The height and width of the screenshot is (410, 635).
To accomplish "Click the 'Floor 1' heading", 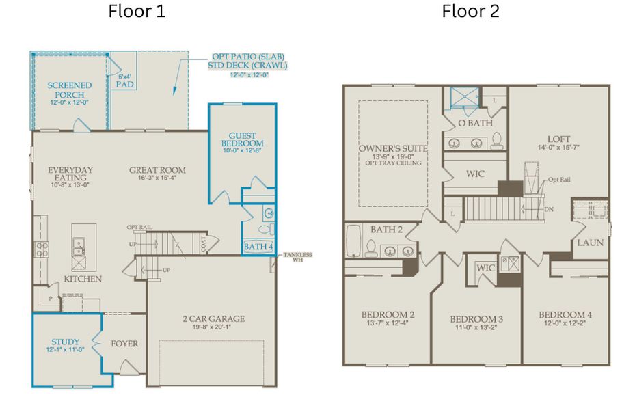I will coord(137,12).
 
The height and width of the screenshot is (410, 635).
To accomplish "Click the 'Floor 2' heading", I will coord(470,12).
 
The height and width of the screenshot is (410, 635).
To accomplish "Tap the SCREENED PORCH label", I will coord(69,90).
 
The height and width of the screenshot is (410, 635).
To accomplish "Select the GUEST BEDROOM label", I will coord(242,139).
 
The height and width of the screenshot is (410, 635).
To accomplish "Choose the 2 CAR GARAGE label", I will coord(213,318).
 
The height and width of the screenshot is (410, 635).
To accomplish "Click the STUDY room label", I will coord(65,342).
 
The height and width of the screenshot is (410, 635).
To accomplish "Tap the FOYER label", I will coord(124,343).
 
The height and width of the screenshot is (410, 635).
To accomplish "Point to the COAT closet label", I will coord(204,244).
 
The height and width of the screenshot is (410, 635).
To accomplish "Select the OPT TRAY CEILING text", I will coord(393,163).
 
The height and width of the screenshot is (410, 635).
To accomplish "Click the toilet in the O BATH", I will coord(497,140).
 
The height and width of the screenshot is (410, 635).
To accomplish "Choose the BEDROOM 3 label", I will coord(476,319).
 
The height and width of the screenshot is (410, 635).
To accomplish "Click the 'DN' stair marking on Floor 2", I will coord(549,209).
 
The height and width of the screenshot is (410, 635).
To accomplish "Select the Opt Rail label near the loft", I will coord(558,180).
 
